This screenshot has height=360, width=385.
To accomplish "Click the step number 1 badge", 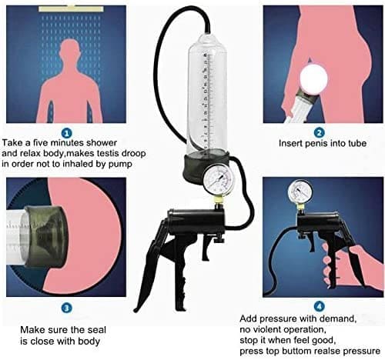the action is [x=67, y=133].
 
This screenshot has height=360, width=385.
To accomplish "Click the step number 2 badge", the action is [x=320, y=133].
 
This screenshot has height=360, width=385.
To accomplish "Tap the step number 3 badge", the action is [x=66, y=308].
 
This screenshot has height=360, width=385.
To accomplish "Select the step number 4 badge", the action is [x=320, y=306].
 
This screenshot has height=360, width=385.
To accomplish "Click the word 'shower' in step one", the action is [x=102, y=142].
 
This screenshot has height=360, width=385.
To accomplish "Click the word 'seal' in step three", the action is [x=97, y=330].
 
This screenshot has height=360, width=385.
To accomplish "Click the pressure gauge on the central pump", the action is [x=219, y=179].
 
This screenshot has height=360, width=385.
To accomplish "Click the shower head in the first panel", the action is [x=71, y=8].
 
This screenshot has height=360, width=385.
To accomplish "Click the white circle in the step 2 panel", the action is [x=313, y=77].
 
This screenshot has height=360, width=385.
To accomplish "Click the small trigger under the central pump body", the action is [x=207, y=248].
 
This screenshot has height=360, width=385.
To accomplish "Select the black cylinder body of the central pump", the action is [x=196, y=222].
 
